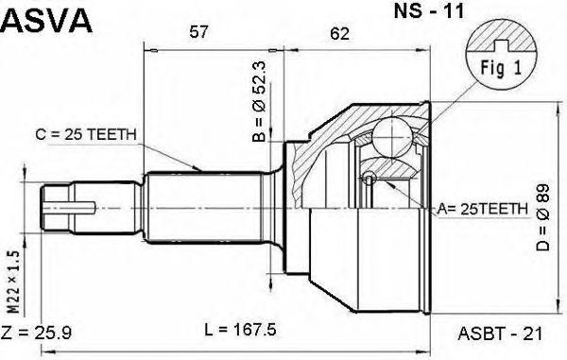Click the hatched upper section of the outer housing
pyautogui.click(x=326, y=132)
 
